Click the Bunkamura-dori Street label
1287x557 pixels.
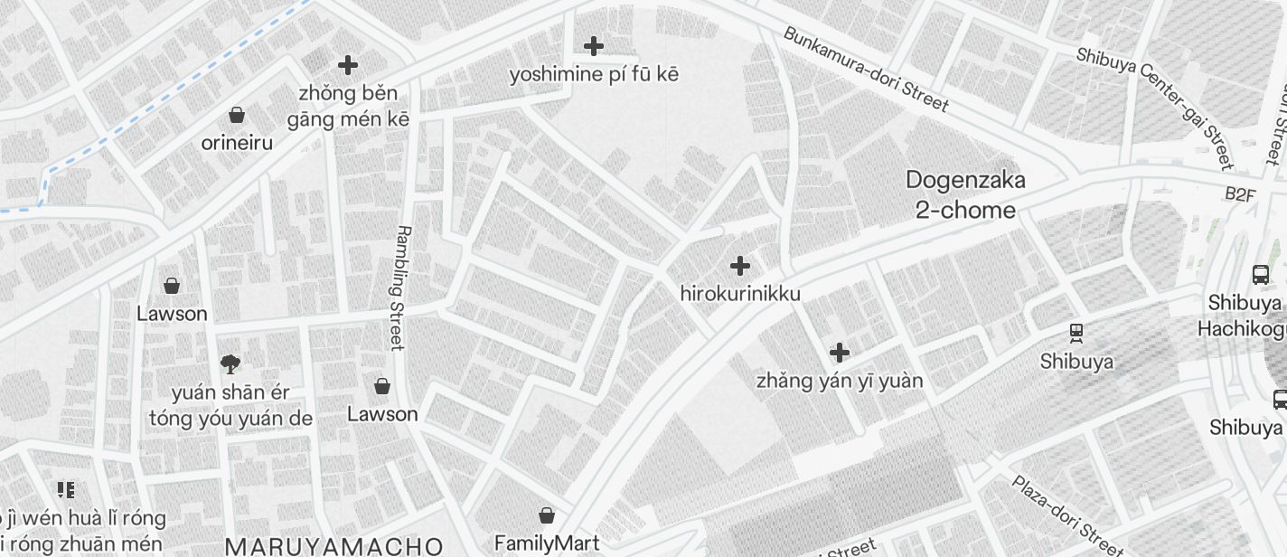865,69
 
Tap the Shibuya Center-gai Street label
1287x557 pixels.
1154,107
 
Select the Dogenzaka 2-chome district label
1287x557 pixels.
965,195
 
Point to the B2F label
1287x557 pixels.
1240,194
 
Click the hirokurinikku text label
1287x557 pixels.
739,294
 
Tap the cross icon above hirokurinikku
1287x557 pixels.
739,266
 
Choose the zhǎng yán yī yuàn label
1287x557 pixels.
839,381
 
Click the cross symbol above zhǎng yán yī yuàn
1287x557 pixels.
839,352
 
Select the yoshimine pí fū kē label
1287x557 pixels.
593,74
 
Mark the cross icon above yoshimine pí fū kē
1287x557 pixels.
593,45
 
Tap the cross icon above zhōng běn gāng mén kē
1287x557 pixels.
347,65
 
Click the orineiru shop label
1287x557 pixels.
237,143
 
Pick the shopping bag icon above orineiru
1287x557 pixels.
237,115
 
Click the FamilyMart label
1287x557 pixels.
546,543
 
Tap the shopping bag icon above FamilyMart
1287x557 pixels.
546,515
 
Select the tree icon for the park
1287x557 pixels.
230,364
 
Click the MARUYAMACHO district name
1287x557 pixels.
333,546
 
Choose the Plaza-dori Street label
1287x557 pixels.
1066,515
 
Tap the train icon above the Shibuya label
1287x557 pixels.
1076,333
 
